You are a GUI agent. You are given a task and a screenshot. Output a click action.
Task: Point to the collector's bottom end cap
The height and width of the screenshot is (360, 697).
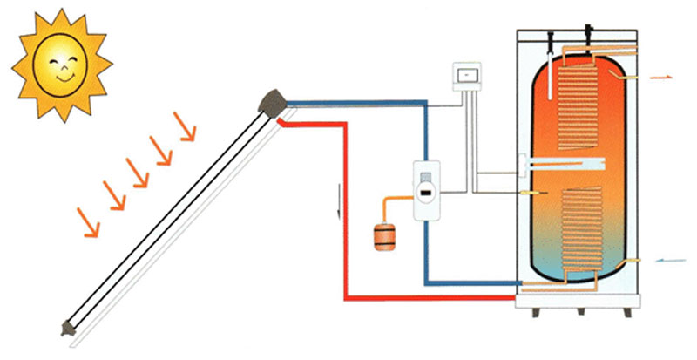[x=67, y=328]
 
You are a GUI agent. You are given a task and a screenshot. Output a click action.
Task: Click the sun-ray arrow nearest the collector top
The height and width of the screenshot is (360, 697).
[x=187, y=129]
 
